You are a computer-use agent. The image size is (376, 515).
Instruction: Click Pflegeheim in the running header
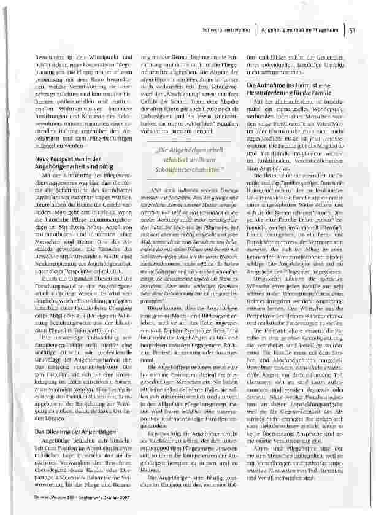pos(326,29)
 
